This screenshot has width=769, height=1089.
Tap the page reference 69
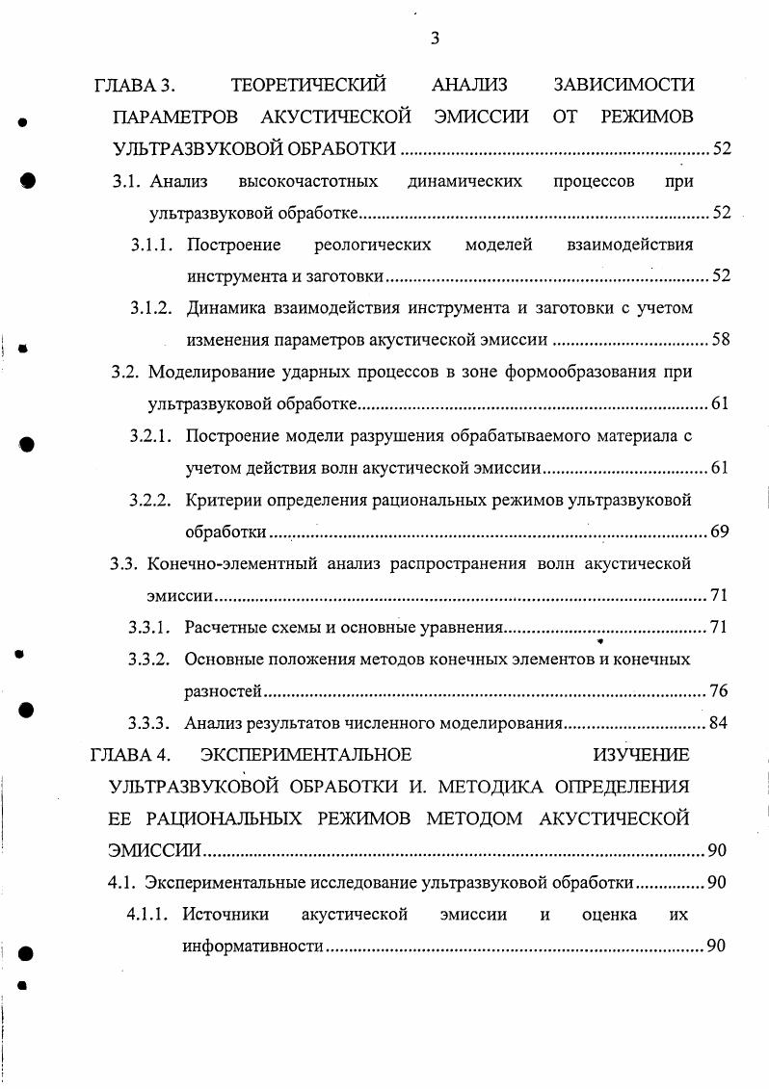[719, 532]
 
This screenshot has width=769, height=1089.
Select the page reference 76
[718, 691]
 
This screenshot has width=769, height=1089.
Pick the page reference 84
[718, 723]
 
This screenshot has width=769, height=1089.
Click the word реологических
[373, 245]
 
